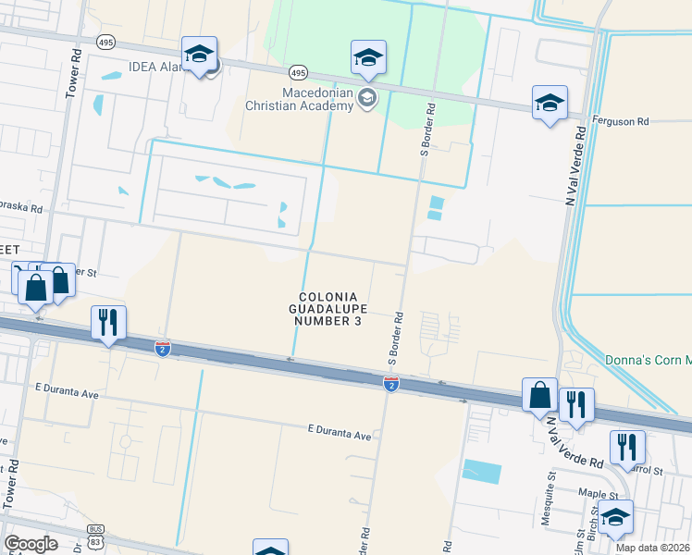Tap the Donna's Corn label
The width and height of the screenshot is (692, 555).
[x=647, y=360]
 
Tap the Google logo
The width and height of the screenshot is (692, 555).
[x=31, y=544]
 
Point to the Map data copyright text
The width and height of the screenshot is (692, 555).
[x=653, y=548]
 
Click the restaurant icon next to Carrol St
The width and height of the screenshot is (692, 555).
[x=630, y=449]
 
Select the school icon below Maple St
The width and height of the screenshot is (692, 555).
[x=615, y=518]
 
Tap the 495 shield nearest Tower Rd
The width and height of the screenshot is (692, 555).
[x=105, y=42]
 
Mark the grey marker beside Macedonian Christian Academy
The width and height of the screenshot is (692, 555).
[x=367, y=98]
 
